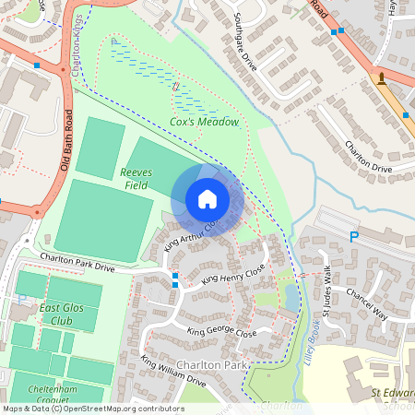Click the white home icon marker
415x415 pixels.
(x=207, y=199)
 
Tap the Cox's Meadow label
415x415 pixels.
(x=205, y=122)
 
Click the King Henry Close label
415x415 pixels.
(x=233, y=275)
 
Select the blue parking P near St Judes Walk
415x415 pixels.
(x=353, y=237)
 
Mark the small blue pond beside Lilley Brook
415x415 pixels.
(x=292, y=297)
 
